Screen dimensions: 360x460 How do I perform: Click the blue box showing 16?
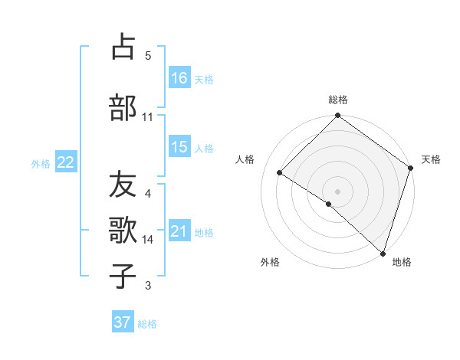pyautogui.click(x=179, y=77)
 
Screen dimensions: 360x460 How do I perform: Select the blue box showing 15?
pyautogui.click(x=179, y=147)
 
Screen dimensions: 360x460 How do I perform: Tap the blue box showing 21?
pyautogui.click(x=179, y=231)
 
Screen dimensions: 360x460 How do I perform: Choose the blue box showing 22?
pyautogui.click(x=66, y=162)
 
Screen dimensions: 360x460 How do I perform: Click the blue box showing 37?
pyautogui.click(x=123, y=322)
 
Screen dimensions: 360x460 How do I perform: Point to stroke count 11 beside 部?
pyautogui.click(x=148, y=116)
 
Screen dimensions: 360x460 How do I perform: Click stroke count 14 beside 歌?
pyautogui.click(x=148, y=240)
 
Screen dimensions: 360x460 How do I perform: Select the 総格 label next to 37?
pyautogui.click(x=147, y=324)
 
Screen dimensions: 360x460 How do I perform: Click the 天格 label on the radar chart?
pyautogui.click(x=431, y=159)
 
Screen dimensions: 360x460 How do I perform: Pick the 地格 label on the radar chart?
pyautogui.click(x=402, y=263)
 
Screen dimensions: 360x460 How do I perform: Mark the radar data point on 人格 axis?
pyautogui.click(x=280, y=173)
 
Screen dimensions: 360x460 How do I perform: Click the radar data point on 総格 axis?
pyautogui.click(x=337, y=116)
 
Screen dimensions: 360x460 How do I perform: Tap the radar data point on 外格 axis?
pyautogui.click(x=328, y=204)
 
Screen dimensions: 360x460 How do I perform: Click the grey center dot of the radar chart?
pyautogui.click(x=337, y=191)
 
